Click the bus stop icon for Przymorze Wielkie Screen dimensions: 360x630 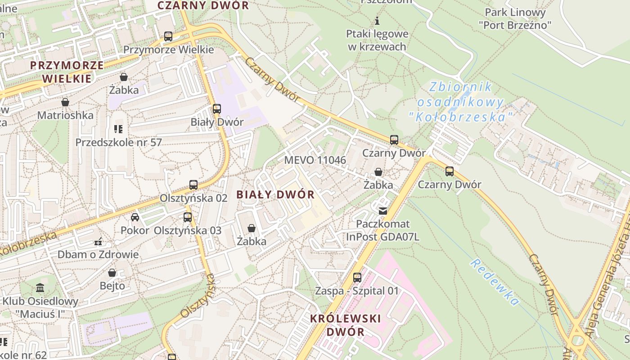point(168,36)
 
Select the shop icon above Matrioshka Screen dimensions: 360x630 point(65,103)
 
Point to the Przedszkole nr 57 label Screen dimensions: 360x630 point(118,143)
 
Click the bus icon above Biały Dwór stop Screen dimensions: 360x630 point(217,109)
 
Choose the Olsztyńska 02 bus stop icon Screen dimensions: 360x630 point(193,185)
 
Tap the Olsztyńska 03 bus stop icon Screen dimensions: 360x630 point(188,217)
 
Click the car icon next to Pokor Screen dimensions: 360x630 point(135,217)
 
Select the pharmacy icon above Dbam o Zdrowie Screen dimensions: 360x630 point(98,242)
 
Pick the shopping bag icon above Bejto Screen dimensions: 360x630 point(112,273)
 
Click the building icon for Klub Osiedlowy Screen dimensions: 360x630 point(40,288)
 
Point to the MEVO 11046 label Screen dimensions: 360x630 point(315,160)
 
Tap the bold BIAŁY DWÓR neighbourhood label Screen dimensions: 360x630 point(275,195)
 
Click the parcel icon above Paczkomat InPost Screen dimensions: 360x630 point(383,211)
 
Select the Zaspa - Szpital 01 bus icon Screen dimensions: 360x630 point(357,278)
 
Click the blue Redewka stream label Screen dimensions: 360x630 point(495,282)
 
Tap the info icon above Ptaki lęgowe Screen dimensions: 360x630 point(377,21)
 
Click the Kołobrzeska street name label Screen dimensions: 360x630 point(28,244)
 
